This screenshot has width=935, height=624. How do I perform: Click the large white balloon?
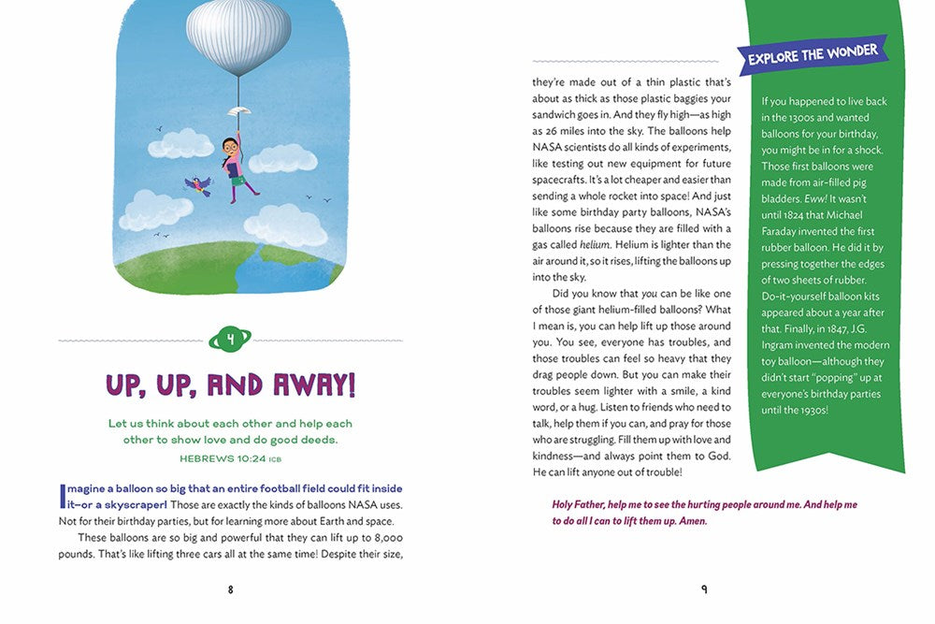click(x=237, y=36)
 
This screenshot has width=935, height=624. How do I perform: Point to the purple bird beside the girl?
click(x=197, y=184)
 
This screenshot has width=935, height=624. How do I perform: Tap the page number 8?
click(x=230, y=589)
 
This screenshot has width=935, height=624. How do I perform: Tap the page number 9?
click(x=704, y=589)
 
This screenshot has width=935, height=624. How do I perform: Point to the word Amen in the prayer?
click(x=690, y=521)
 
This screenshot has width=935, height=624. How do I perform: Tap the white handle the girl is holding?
click(x=238, y=110)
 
